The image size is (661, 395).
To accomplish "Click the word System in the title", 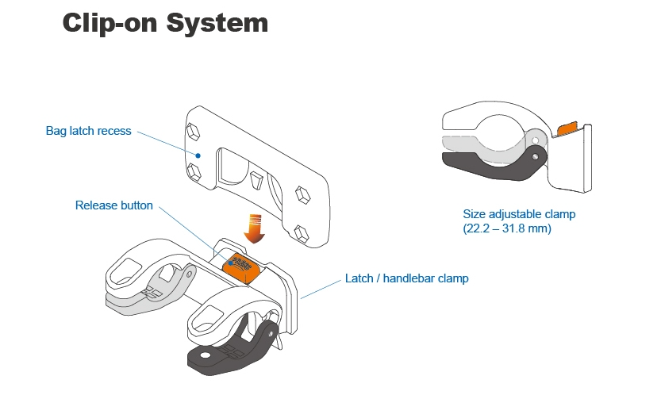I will [x=217, y=23].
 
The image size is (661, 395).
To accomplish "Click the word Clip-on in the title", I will [x=110, y=23].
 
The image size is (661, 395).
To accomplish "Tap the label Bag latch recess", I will [x=88, y=131].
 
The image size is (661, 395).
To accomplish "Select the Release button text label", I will [x=113, y=205].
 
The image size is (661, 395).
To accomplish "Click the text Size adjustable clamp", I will [x=519, y=214].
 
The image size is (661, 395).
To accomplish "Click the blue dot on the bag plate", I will [x=198, y=156].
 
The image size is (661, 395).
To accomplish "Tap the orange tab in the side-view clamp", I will [x=567, y=127].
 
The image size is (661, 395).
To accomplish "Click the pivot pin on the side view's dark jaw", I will [x=536, y=157].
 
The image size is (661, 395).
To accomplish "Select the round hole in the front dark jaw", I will [x=206, y=359].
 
